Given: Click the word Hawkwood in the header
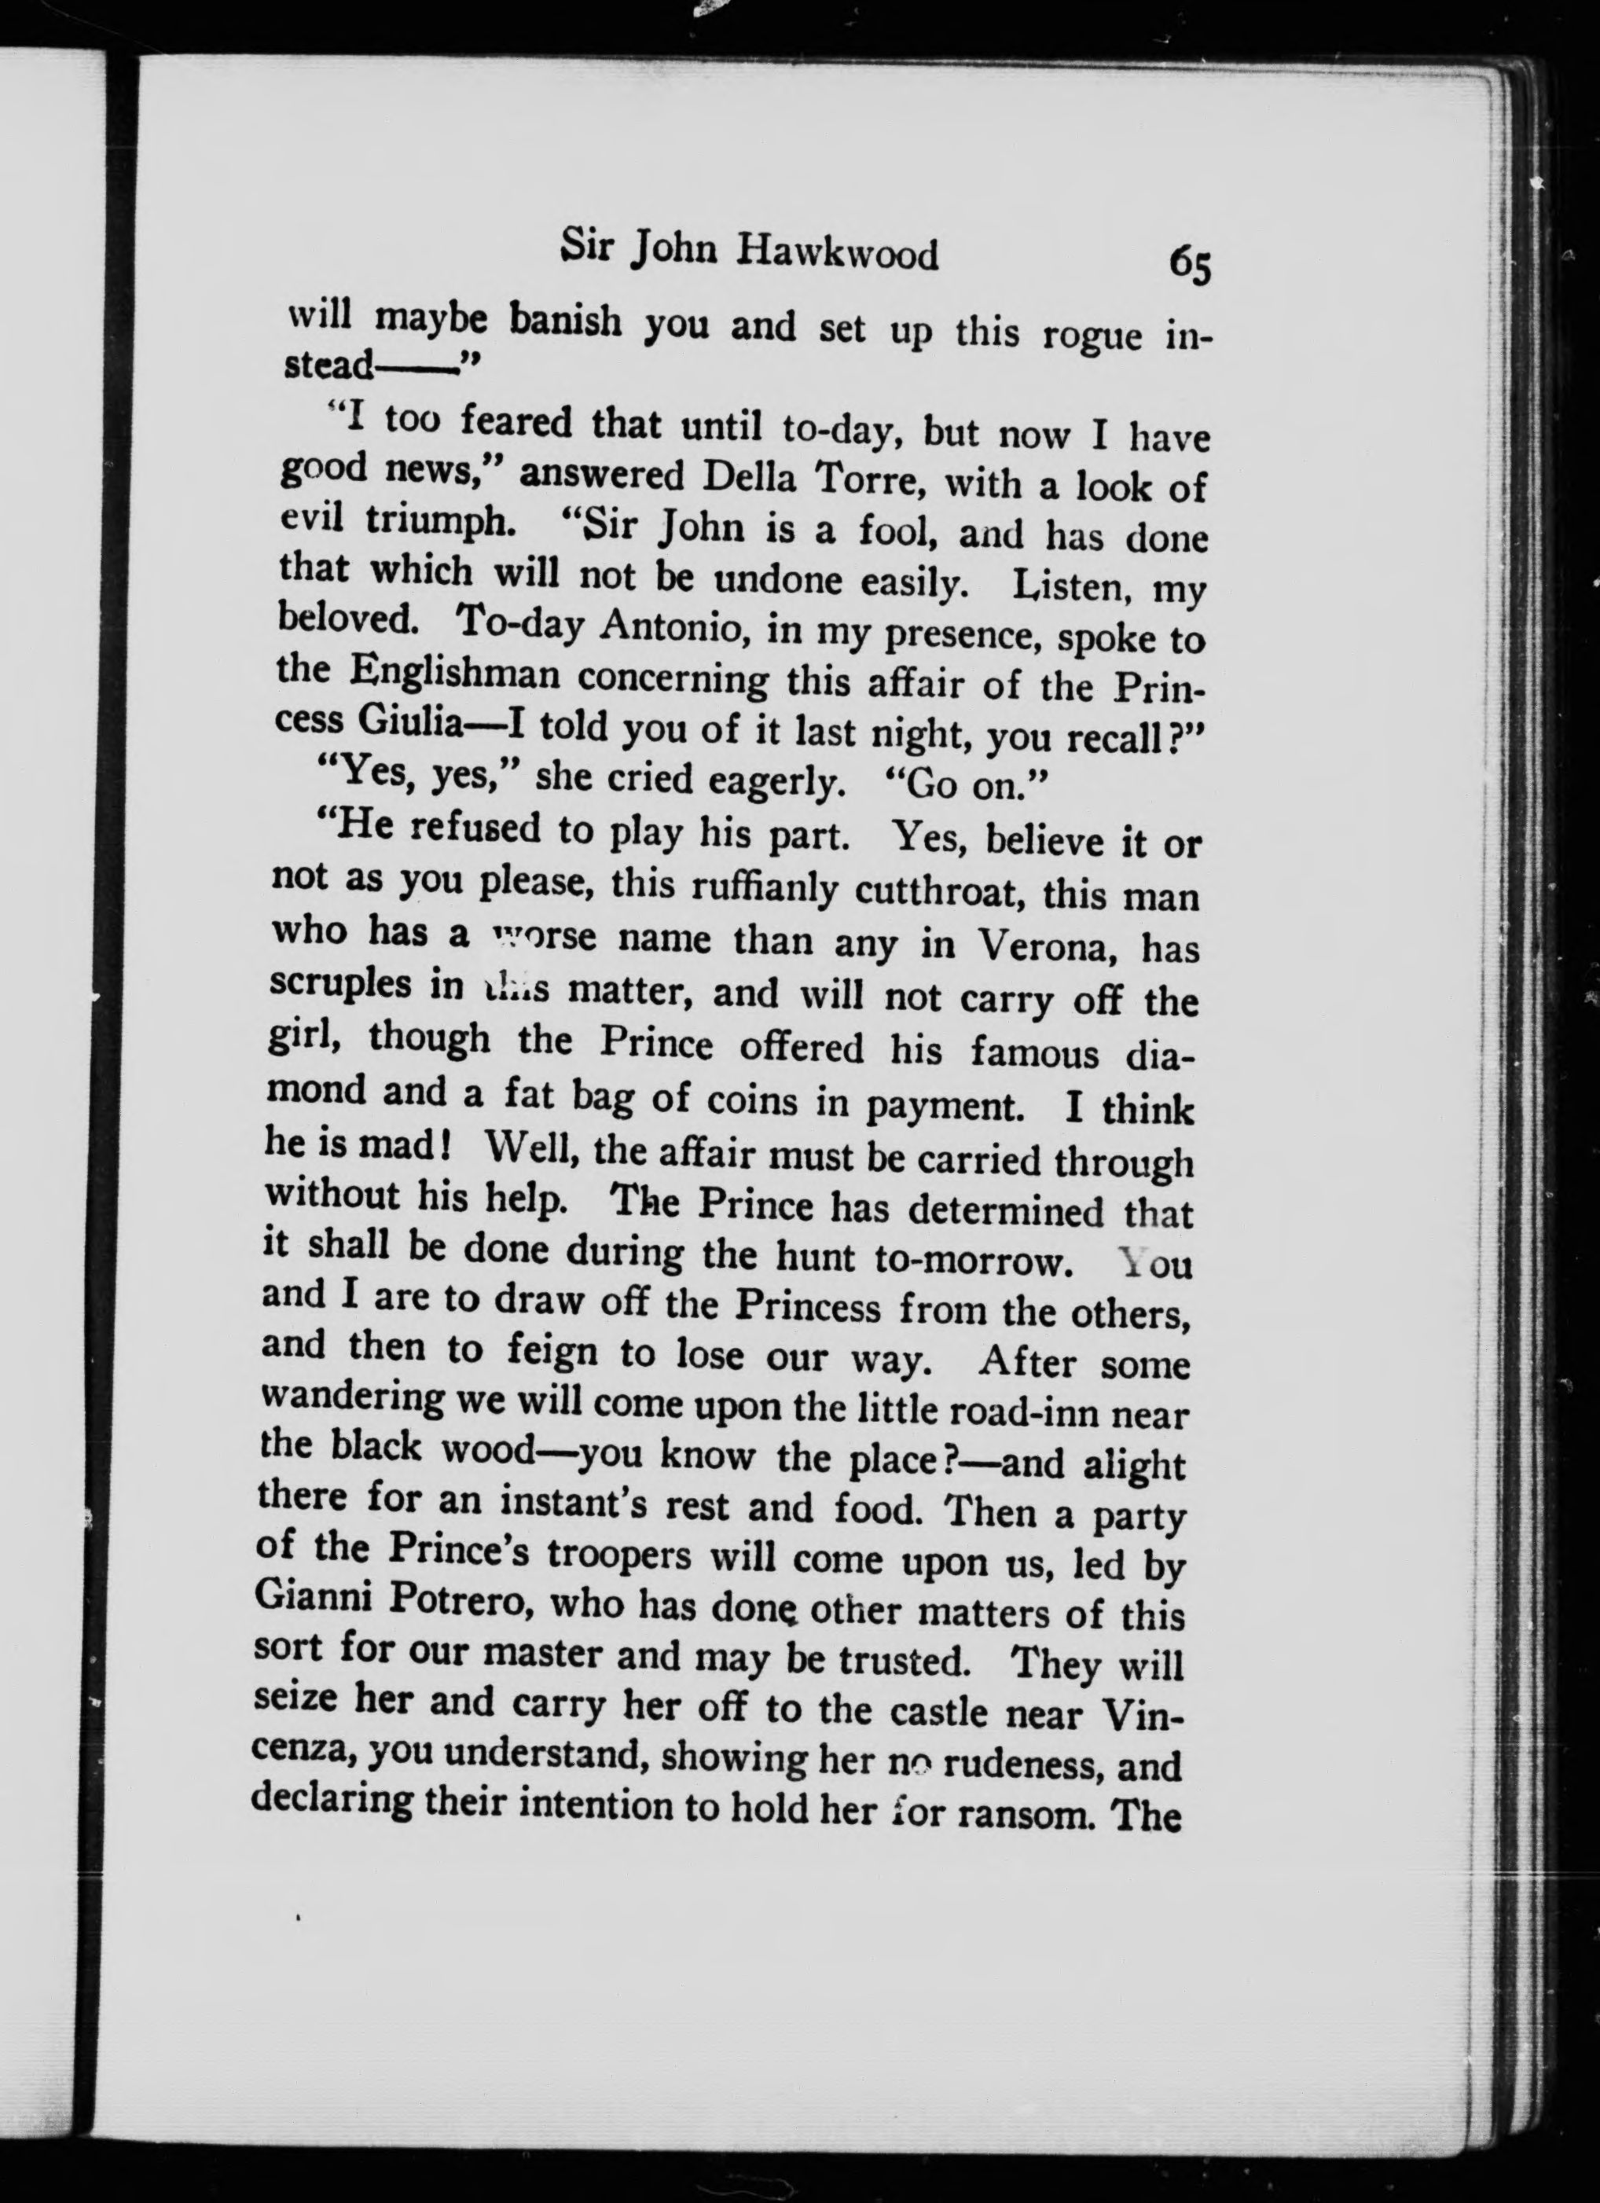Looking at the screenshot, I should tap(838, 255).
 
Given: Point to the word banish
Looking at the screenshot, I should tap(567, 321).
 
